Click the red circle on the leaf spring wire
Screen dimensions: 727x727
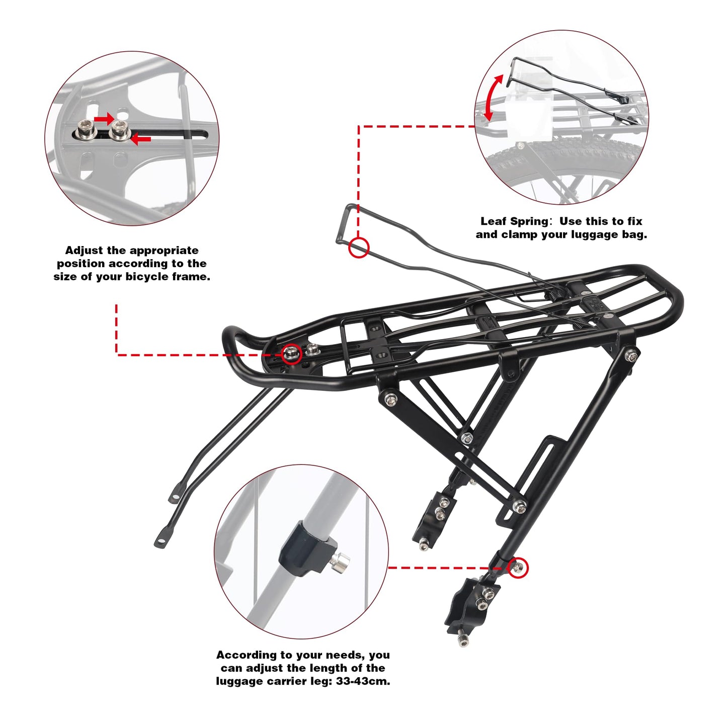(359, 248)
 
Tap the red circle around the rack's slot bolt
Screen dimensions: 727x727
(291, 354)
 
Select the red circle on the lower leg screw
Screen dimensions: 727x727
(518, 568)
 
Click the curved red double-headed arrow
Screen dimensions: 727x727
(493, 98)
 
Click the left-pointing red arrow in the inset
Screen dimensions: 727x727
(141, 139)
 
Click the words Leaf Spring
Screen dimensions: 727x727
(513, 221)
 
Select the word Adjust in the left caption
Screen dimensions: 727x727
(84, 251)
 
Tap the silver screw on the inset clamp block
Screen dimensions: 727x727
(341, 559)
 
